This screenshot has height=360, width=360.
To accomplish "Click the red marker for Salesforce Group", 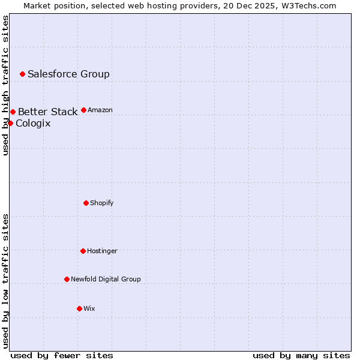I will (x=22, y=74).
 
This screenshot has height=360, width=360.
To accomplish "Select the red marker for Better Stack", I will (x=13, y=112).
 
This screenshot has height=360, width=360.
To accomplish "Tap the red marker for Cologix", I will (x=10, y=123).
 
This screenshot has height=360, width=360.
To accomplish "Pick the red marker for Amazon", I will (x=83, y=110).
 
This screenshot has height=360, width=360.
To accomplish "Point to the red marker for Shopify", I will (x=86, y=203).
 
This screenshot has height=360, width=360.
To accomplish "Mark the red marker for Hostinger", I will (x=83, y=251).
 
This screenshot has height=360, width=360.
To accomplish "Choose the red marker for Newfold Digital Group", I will (x=67, y=279).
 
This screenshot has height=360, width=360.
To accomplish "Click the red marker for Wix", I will (x=79, y=308).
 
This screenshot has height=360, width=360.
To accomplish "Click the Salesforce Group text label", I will (x=68, y=74).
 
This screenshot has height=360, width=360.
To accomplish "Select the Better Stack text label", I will (x=47, y=112).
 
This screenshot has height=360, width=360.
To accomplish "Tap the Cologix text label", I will (x=33, y=124).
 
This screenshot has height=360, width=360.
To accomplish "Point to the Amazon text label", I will (x=100, y=110).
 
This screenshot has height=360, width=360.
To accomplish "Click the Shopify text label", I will (x=102, y=203).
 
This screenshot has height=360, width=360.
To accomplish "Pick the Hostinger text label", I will (x=102, y=251).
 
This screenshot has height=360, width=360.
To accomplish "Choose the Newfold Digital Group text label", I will (x=106, y=279).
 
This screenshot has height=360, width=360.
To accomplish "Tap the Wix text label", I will (x=89, y=308).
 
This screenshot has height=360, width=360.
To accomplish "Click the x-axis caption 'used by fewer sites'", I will (x=62, y=355).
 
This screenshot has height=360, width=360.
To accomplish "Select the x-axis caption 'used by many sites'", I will (x=301, y=355).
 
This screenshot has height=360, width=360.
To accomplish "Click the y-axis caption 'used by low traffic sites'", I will (x=5, y=281).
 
